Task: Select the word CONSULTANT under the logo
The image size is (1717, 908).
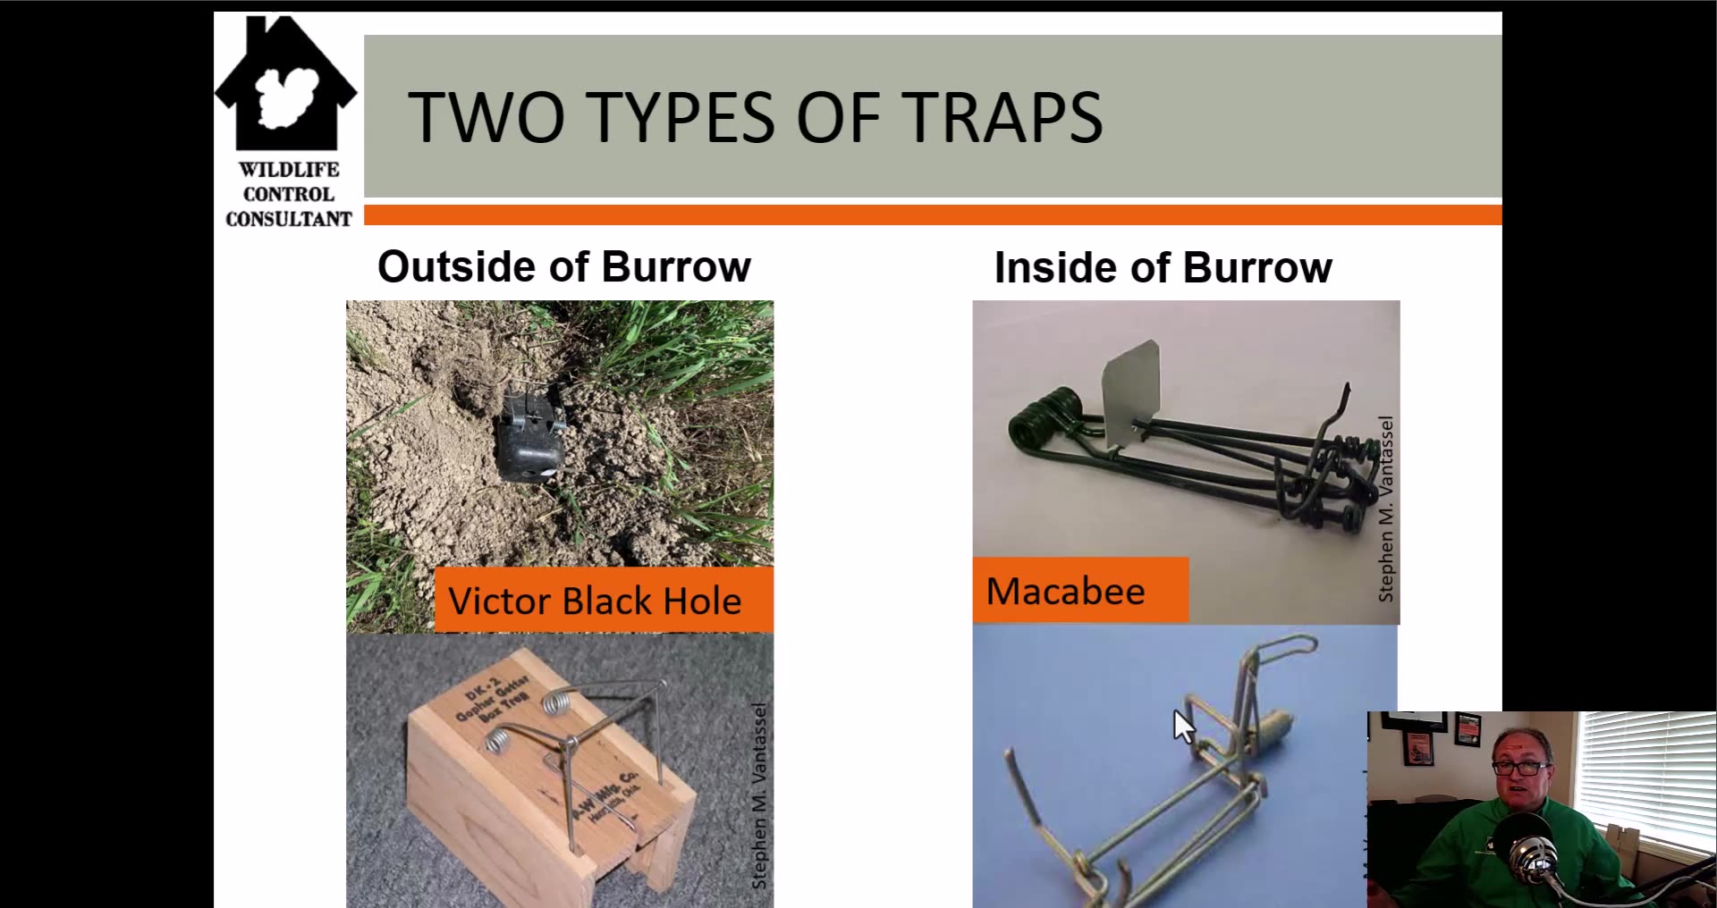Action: coord(289,219)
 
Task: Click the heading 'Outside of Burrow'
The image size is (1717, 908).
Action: coord(563,266)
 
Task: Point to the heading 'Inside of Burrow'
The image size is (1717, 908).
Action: coord(1163,267)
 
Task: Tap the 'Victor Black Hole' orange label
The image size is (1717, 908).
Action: coord(595,601)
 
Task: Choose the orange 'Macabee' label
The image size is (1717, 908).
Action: coord(1065,591)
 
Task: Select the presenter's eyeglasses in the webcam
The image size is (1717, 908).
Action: coord(1520,767)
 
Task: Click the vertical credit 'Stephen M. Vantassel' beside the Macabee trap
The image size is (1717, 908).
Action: coord(1386,509)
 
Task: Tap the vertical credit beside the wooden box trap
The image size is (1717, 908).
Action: coord(759,795)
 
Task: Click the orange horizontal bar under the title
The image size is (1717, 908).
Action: coord(932,214)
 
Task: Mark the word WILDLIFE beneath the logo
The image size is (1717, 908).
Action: coord(289,170)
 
